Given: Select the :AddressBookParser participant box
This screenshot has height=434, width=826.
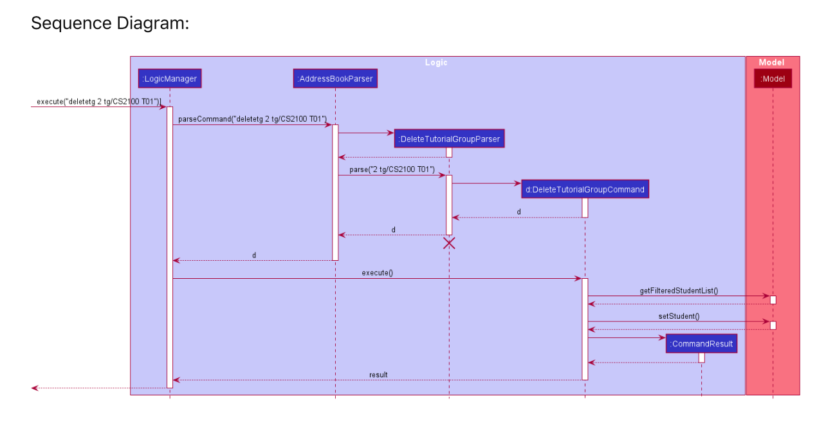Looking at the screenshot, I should coord(335,79).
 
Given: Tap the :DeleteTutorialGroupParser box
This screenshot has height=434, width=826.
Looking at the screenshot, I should coord(449,138).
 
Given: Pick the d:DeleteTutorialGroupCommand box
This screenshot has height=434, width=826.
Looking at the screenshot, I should coord(585,189).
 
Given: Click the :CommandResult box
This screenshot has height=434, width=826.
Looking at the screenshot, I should coord(701,344).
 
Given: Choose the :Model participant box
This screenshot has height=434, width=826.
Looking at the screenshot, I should coord(773,79).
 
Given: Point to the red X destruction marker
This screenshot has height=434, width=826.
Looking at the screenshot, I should coord(449,243).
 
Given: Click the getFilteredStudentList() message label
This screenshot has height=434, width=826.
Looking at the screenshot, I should coord(679,291).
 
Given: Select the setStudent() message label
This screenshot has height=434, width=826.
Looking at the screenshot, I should coord(679,316).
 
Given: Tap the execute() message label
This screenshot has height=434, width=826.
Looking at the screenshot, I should coord(377,273).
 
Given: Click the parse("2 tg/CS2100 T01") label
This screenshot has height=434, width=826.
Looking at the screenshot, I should coord(392,169).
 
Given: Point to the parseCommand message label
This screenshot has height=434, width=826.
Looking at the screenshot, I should coord(252,119).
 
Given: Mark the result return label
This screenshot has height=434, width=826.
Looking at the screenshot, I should coord(378,375).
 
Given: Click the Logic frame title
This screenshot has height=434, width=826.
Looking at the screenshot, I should coord(436,62).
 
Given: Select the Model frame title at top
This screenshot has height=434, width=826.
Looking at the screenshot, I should coord(771,62).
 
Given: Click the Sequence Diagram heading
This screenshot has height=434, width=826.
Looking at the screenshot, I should coord(109,23).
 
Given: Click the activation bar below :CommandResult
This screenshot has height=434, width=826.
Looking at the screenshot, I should coord(701,357).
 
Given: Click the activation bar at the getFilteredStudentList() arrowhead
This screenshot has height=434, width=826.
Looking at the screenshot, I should coord(773,300).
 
